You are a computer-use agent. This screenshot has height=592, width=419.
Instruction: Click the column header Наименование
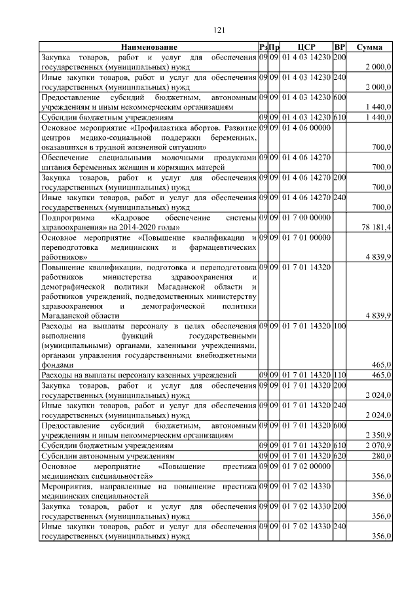pyautogui.click(x=149, y=47)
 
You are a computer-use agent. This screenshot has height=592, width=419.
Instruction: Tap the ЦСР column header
pyautogui.click(x=306, y=47)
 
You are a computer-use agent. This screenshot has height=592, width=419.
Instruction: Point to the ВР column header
pyautogui.click(x=339, y=47)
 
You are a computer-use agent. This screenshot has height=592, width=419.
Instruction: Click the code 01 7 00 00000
pyautogui.click(x=306, y=217)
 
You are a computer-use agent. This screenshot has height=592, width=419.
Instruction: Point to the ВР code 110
pyautogui.click(x=339, y=375)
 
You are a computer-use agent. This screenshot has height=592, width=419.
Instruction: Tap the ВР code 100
pyautogui.click(x=339, y=325)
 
